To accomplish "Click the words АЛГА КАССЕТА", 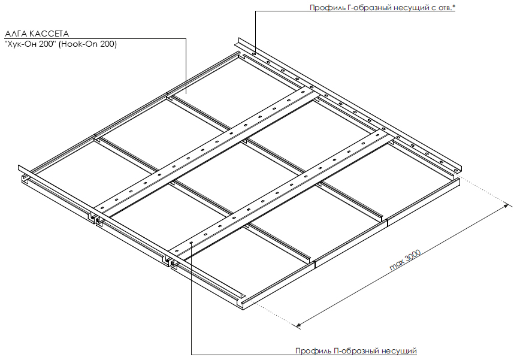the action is pos(37,34).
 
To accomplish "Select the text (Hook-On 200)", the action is pos(88,44).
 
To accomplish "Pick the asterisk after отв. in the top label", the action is pos(454,6).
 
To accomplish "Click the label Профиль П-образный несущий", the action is pos(356,351).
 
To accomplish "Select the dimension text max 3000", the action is pos(405,260).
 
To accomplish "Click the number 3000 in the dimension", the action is pos(412,256).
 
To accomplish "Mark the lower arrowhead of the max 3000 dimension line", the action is pos(298,325).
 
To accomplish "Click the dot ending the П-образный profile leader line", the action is pos(192,243).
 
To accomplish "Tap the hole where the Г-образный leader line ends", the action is pos(254,53).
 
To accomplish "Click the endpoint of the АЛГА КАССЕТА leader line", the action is pos(186,94).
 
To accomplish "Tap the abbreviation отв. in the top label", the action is pos(445,8).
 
